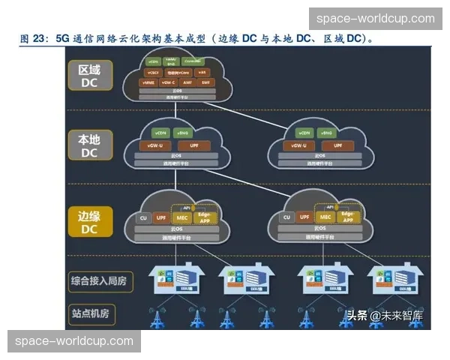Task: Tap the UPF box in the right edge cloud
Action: tap(304, 217)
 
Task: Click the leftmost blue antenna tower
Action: tap(157, 317)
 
